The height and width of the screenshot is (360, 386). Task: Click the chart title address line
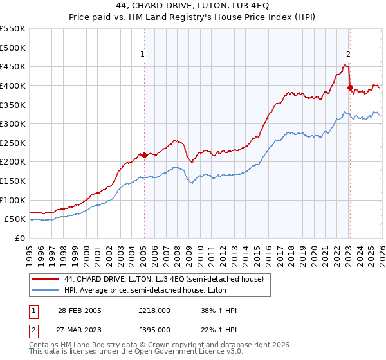point(193,6)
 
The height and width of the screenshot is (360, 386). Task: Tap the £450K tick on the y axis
point(13,66)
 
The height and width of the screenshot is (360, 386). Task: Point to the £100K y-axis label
point(13,200)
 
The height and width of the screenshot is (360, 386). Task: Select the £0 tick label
point(19,238)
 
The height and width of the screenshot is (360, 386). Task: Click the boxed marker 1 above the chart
point(142,55)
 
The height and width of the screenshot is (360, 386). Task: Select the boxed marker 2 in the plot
point(348,55)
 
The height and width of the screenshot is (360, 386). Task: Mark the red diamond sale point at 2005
point(144,155)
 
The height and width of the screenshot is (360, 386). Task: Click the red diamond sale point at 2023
point(350,87)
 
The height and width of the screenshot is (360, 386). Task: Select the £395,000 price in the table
point(154,330)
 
